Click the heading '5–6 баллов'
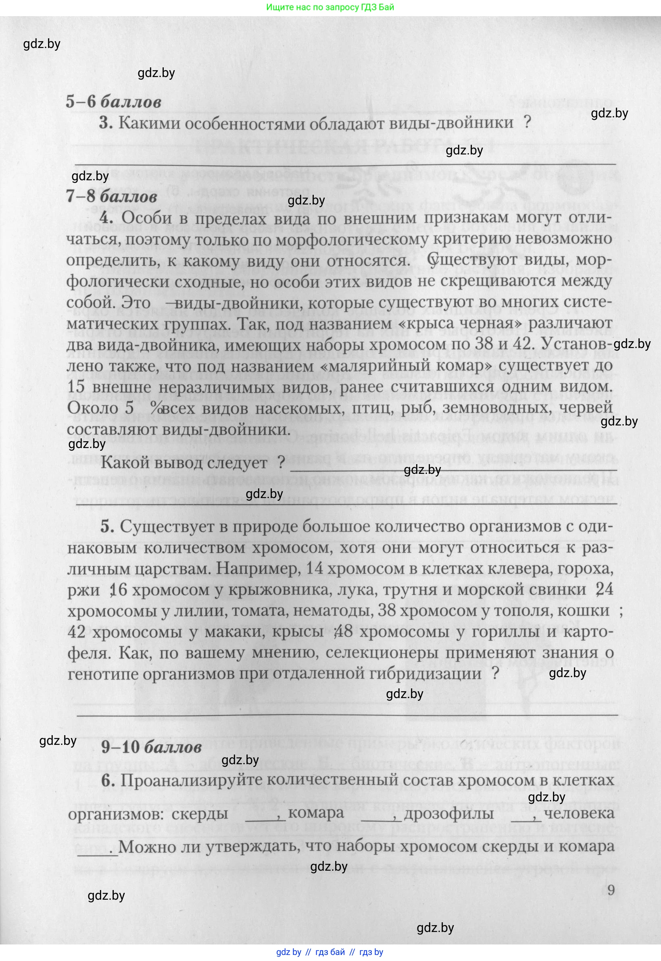pyautogui.click(x=113, y=102)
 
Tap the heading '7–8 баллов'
pyautogui.click(x=111, y=196)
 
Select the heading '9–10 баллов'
pyautogui.click(x=151, y=747)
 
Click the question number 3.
pyautogui.click(x=106, y=123)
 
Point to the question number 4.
pyautogui.click(x=106, y=218)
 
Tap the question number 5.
pyautogui.click(x=107, y=527)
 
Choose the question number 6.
pyautogui.click(x=108, y=780)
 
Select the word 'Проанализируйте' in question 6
pyautogui.click(x=190, y=780)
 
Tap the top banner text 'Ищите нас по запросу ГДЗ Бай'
pyautogui.click(x=330, y=7)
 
